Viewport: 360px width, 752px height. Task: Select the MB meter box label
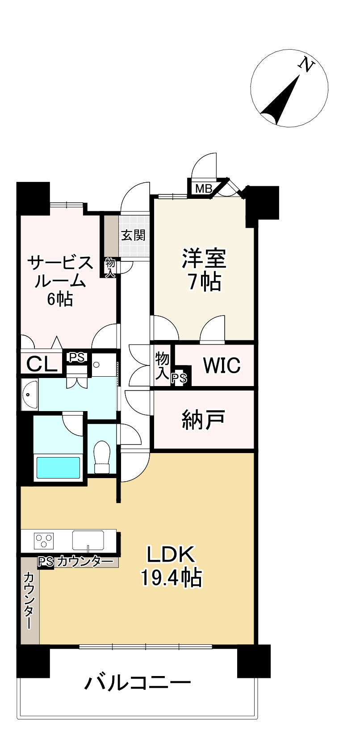tap(204, 189)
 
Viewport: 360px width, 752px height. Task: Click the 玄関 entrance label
tap(134, 235)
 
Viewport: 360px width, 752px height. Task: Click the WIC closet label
tap(222, 365)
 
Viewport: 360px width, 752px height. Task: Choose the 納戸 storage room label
tap(203, 420)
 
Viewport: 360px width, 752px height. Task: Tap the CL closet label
tap(42, 364)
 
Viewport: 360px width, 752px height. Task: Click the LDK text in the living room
tap(171, 555)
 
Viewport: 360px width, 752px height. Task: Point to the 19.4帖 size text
tap(172, 578)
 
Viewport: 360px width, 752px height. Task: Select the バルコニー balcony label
tap(138, 683)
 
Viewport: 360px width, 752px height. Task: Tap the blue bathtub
tap(58, 467)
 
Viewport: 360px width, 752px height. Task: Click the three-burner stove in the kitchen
tap(44, 541)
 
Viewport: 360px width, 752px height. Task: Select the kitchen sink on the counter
tap(88, 540)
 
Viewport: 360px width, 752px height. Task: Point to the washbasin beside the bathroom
tap(29, 395)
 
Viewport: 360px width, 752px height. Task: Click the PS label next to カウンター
tap(46, 561)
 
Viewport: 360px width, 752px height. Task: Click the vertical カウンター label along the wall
tap(29, 601)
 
